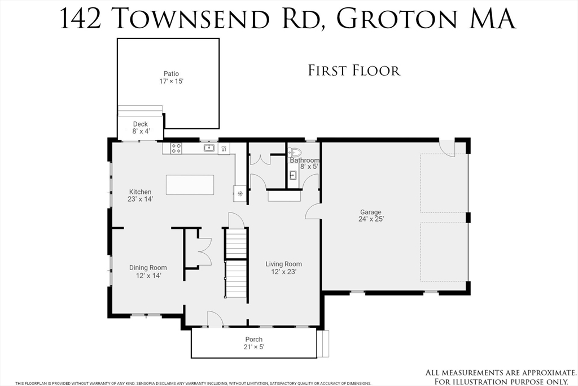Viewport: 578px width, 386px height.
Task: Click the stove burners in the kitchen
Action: [176, 149]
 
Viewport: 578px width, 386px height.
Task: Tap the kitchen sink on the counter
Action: [209, 148]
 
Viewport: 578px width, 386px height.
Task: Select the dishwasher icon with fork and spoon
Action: [224, 149]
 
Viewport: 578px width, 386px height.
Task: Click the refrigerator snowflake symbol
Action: [240, 194]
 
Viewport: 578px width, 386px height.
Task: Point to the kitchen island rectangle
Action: [190, 185]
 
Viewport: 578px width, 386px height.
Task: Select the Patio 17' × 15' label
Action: [171, 77]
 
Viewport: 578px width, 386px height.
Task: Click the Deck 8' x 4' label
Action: [140, 128]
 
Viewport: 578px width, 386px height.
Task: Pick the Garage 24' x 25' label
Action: [371, 216]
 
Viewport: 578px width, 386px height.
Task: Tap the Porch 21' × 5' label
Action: [254, 343]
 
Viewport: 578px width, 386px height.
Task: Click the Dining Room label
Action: [148, 271]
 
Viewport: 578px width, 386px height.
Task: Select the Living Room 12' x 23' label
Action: [283, 267]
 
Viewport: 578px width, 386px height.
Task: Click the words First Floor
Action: [354, 71]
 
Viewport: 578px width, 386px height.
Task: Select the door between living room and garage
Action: [313, 211]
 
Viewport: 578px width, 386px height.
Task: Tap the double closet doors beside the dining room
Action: [204, 251]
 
